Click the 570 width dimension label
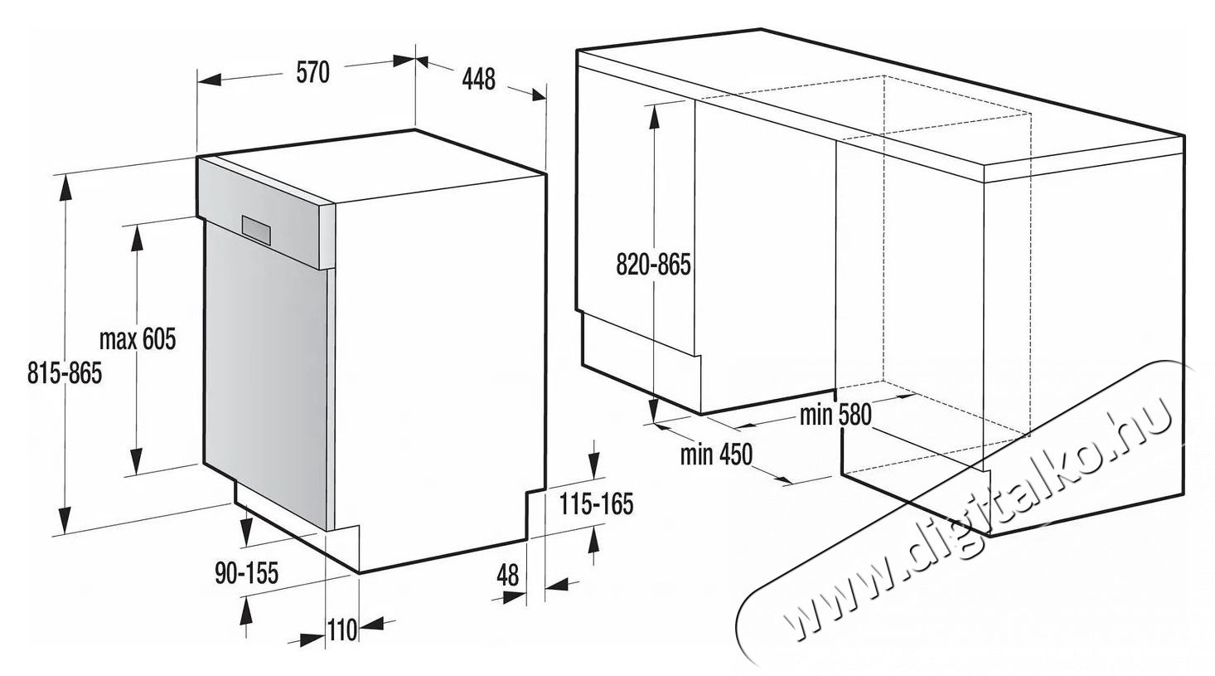point(313,74)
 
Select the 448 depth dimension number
point(478,79)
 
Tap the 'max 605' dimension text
point(138,340)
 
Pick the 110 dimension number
point(341,630)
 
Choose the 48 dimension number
point(507,575)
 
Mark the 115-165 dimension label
point(595,504)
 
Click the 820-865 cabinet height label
point(654,265)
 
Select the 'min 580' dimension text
point(835,414)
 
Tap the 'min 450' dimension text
point(716,455)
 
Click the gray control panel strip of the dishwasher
point(265,216)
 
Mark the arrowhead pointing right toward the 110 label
point(312,640)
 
